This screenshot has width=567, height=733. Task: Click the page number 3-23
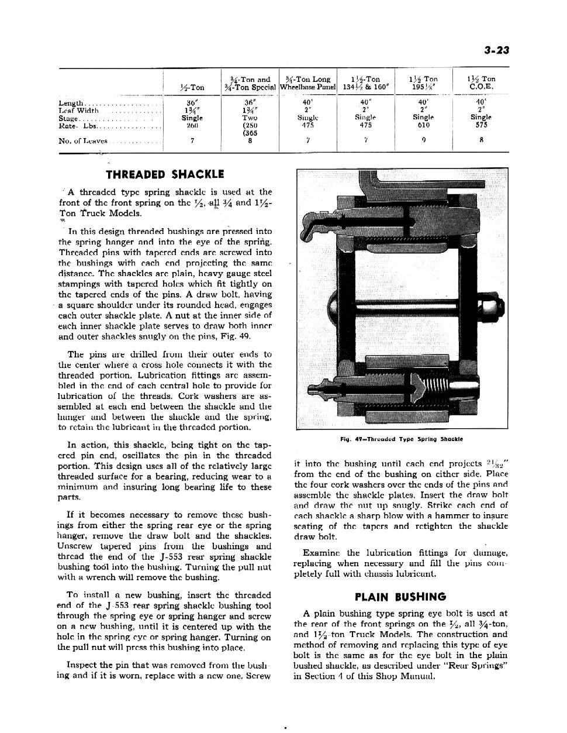click(x=497, y=50)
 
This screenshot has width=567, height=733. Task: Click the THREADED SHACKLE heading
click(x=165, y=174)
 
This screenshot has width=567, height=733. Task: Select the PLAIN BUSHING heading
click(x=400, y=597)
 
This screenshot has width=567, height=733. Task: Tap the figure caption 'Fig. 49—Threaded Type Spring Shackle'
click(x=400, y=439)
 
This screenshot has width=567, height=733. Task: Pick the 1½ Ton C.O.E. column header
click(x=481, y=83)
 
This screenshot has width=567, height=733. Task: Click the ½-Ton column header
click(x=193, y=87)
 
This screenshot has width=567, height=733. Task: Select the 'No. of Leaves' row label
click(x=82, y=140)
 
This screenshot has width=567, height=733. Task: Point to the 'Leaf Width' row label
click(x=79, y=110)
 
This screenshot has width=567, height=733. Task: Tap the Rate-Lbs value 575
click(x=481, y=125)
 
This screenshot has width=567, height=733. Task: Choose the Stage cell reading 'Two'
click(x=250, y=117)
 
